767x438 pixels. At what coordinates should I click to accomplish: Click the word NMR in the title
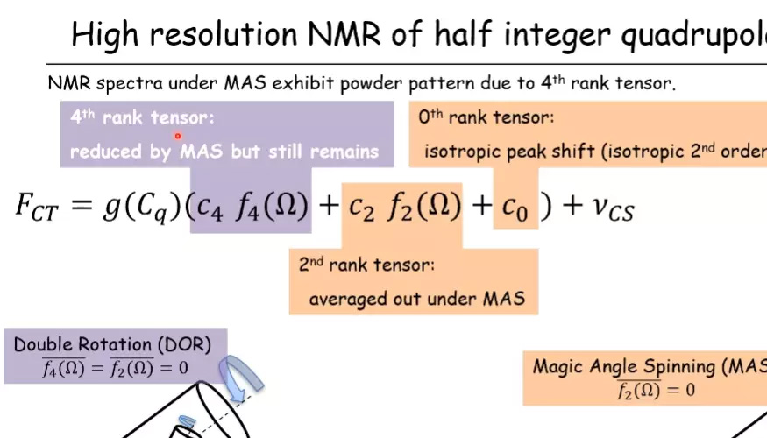tap(344, 34)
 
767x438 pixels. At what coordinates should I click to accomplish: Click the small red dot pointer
tap(178, 136)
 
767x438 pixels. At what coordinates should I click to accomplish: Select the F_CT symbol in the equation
tap(37, 207)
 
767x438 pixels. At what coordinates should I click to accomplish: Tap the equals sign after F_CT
tap(82, 204)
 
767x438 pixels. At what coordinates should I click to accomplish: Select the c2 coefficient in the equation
tap(362, 208)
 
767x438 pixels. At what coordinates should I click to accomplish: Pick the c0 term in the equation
tap(515, 208)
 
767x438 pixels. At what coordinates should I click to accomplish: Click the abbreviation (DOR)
tap(184, 344)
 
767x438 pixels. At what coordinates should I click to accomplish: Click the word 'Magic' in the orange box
tap(557, 367)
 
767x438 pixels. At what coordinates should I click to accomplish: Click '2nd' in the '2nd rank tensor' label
tap(310, 264)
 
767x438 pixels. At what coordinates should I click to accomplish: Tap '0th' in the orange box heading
tap(430, 117)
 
